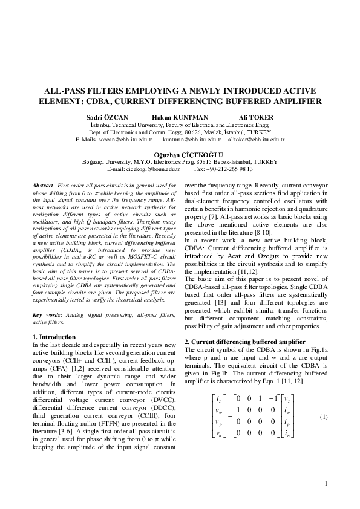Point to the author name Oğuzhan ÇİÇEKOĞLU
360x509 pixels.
coord(180,155)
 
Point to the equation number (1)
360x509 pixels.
coord(324,417)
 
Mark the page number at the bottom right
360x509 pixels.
coord(326,484)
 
